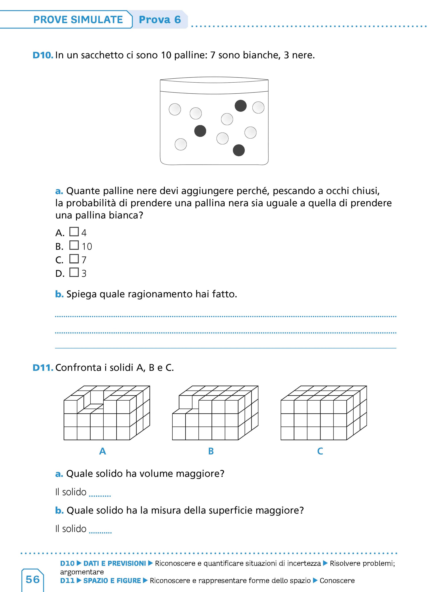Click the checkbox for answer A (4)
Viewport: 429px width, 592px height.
(74, 232)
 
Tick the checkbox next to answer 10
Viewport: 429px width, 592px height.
(74, 245)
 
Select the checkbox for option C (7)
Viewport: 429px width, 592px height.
(74, 259)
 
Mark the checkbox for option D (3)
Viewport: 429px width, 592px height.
(74, 272)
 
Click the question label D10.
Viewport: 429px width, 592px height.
(43, 55)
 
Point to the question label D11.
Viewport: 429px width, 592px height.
(43, 367)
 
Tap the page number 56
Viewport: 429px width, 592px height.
(33, 579)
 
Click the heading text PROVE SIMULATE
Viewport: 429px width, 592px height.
(78, 20)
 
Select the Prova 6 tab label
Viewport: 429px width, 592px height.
(160, 20)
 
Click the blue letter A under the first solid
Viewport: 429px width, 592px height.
(103, 451)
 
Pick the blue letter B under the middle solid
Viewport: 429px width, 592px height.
(211, 451)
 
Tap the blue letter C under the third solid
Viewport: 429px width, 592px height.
(320, 451)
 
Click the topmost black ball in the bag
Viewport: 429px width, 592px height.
(241, 106)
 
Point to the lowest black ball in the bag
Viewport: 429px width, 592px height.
(239, 150)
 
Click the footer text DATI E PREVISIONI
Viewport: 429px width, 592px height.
(115, 564)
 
